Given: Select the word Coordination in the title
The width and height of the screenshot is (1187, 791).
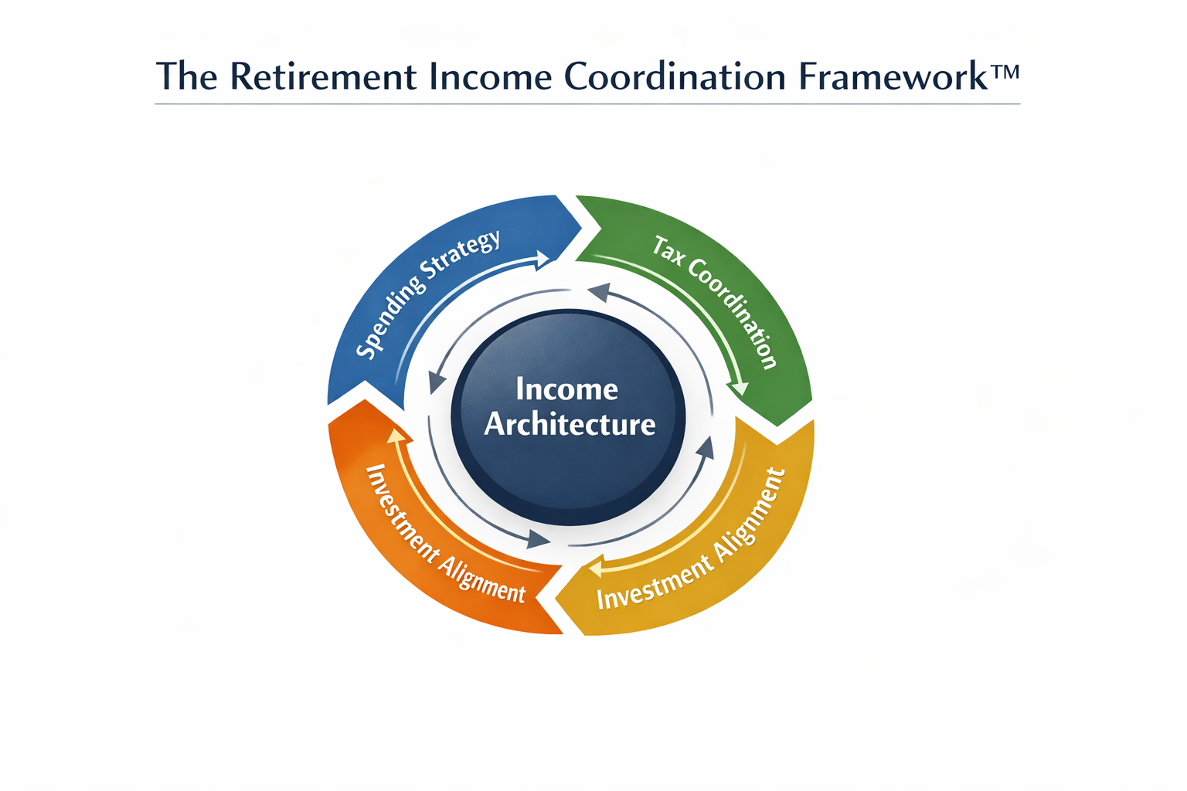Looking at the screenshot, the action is [674, 76].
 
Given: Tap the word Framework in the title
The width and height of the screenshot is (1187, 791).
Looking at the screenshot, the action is [893, 76].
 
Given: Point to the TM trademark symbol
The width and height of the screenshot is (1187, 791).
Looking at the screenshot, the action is [1004, 71].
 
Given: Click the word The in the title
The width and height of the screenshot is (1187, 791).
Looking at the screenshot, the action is [186, 76].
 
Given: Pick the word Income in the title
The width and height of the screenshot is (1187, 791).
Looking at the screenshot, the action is [490, 76].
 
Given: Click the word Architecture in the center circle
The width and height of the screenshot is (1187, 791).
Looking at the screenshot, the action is [570, 424].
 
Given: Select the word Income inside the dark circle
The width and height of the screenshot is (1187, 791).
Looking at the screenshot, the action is [567, 389].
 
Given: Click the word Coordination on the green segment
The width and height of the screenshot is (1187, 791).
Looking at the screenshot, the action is [733, 313].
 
